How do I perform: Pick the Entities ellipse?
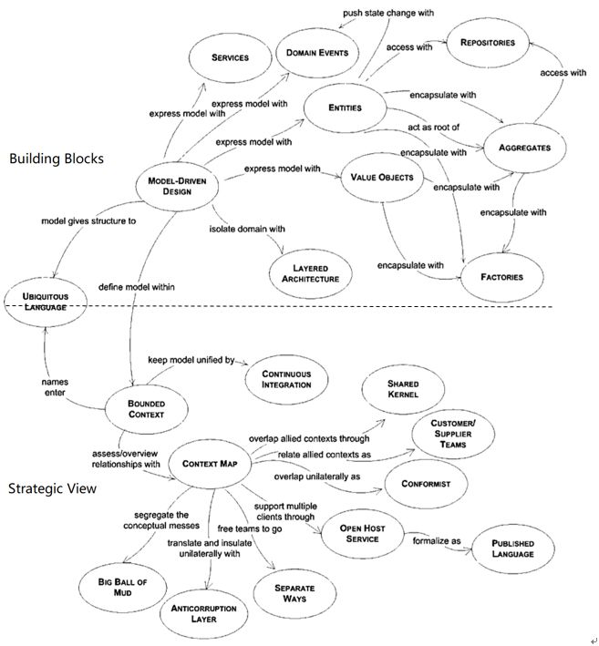click(344, 108)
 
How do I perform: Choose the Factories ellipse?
click(503, 275)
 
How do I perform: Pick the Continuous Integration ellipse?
click(286, 379)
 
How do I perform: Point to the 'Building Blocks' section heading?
click(57, 159)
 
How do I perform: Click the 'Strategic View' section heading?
click(52, 488)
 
